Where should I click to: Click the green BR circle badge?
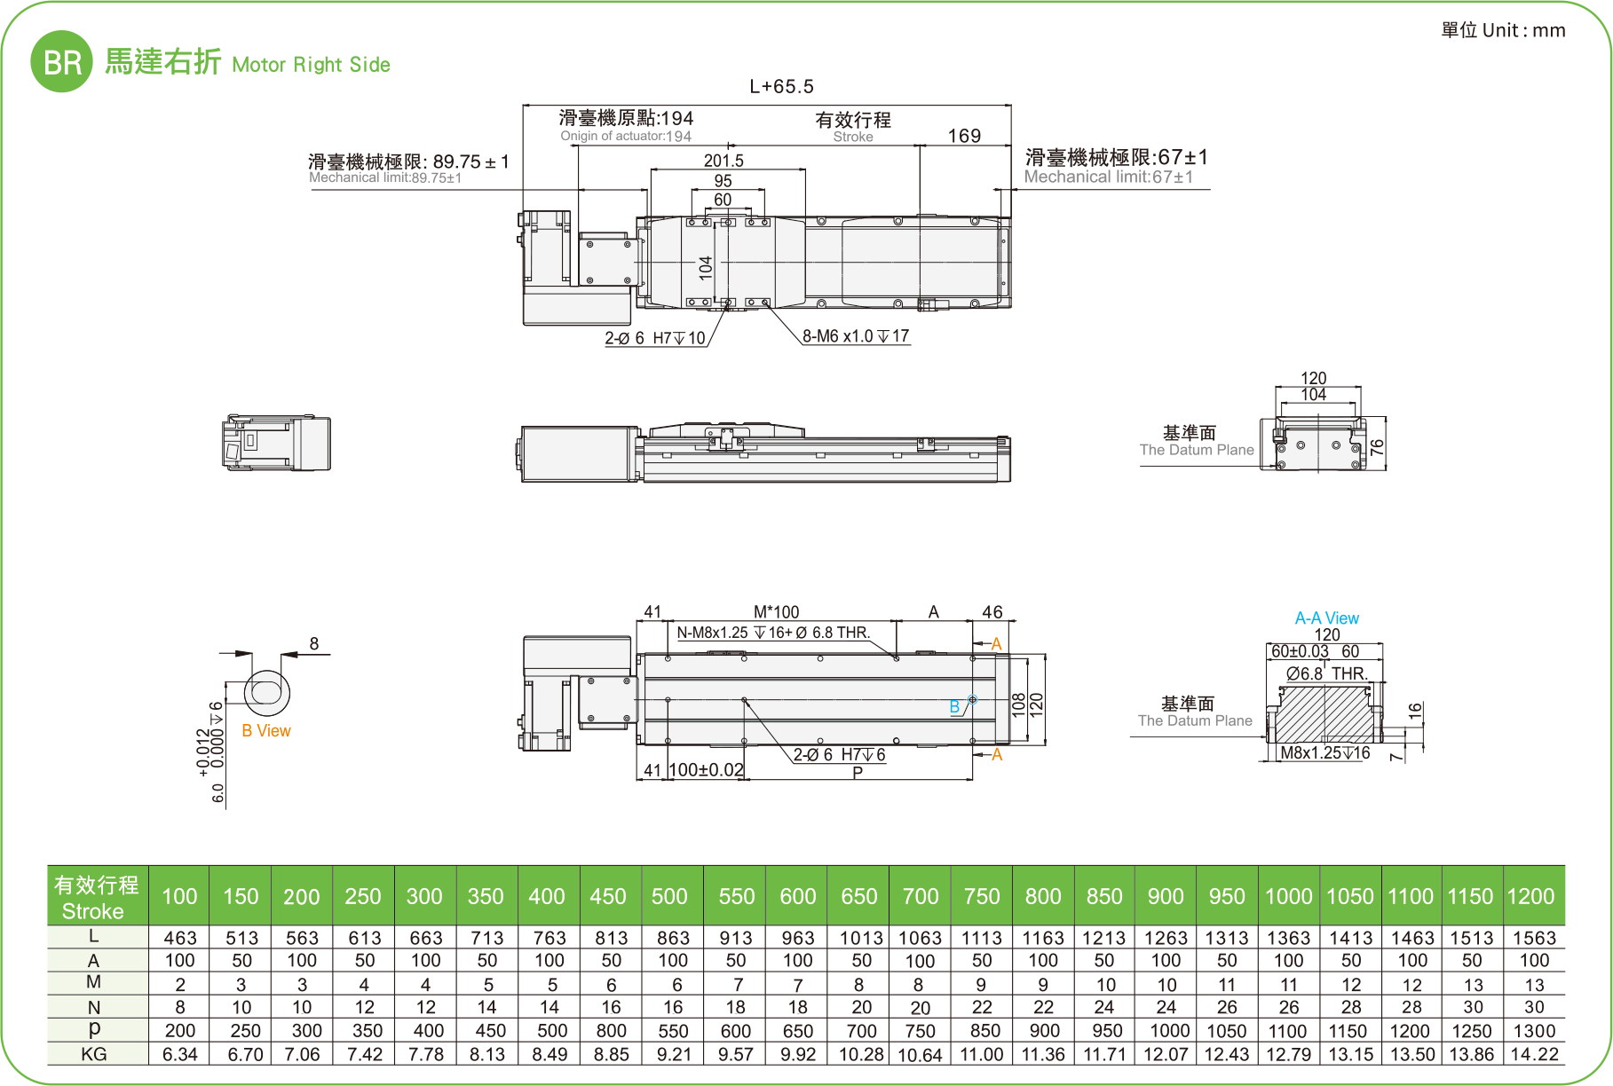[x=61, y=61]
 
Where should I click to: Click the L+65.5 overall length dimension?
[x=781, y=86]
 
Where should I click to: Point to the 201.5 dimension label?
[x=723, y=161]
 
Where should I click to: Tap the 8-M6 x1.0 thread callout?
[x=855, y=336]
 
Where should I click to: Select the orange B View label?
[x=265, y=731]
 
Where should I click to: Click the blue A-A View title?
[x=1326, y=618]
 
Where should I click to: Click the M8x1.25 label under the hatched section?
[x=1324, y=753]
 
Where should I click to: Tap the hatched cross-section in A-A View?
[x=1323, y=713]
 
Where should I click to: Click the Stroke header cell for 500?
[x=669, y=896]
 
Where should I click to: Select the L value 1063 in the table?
[x=920, y=938]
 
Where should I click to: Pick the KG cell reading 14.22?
[x=1534, y=1054]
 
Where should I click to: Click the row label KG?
[x=94, y=1054]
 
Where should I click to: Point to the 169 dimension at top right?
[x=964, y=136]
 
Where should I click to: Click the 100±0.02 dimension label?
[x=706, y=770]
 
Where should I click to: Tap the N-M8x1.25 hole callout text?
[x=772, y=633]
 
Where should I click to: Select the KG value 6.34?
[x=180, y=1054]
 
